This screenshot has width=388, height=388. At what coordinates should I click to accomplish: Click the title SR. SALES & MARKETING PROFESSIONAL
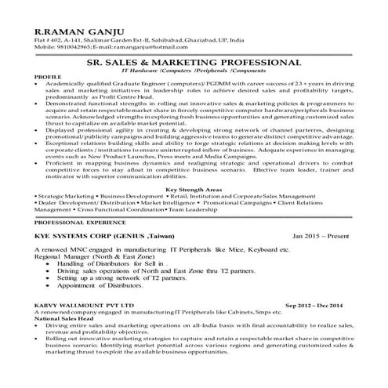point(194,60)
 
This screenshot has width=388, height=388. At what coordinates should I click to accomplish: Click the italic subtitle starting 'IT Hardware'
point(194,70)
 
